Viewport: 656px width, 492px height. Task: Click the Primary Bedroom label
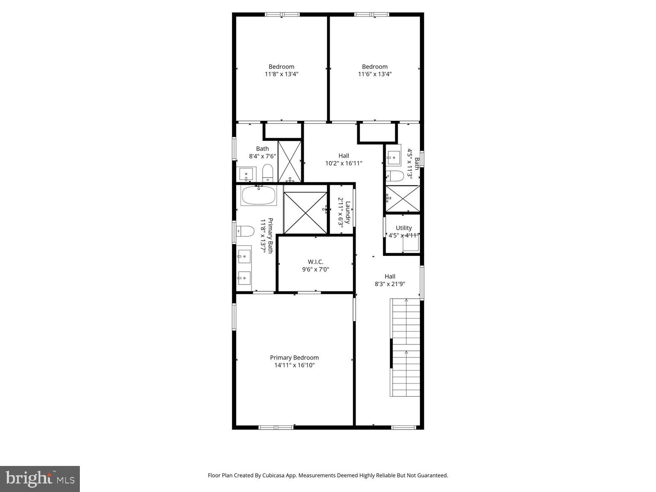294,358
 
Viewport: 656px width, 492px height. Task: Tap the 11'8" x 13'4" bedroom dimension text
281,74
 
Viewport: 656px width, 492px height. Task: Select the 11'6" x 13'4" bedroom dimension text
375,74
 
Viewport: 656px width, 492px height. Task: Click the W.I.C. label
316,262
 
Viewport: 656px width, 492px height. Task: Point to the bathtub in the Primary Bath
258,196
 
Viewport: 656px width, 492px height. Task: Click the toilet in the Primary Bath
245,231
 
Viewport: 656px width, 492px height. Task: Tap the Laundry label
348,213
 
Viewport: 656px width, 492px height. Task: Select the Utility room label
404,228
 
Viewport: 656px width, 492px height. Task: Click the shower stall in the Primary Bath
305,213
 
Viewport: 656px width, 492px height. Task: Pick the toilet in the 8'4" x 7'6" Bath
268,173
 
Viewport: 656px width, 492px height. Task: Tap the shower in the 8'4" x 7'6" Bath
290,161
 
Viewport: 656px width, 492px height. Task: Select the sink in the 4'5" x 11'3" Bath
393,155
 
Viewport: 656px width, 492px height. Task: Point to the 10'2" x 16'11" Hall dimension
344,163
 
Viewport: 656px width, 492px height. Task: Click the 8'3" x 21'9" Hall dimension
389,284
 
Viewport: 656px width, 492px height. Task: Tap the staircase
405,348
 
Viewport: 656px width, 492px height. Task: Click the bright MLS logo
40,479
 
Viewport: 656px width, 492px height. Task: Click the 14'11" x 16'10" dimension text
294,366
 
